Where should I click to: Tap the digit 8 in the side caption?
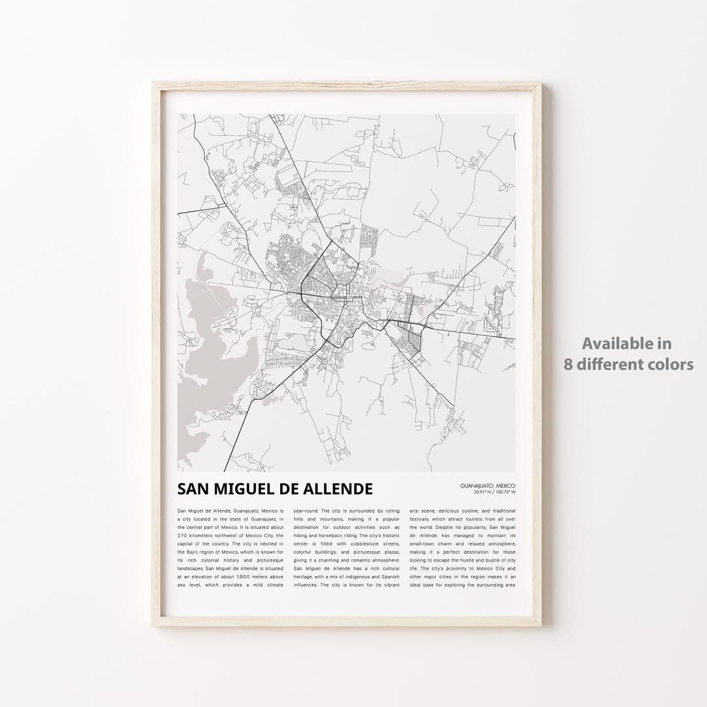click(x=569, y=364)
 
